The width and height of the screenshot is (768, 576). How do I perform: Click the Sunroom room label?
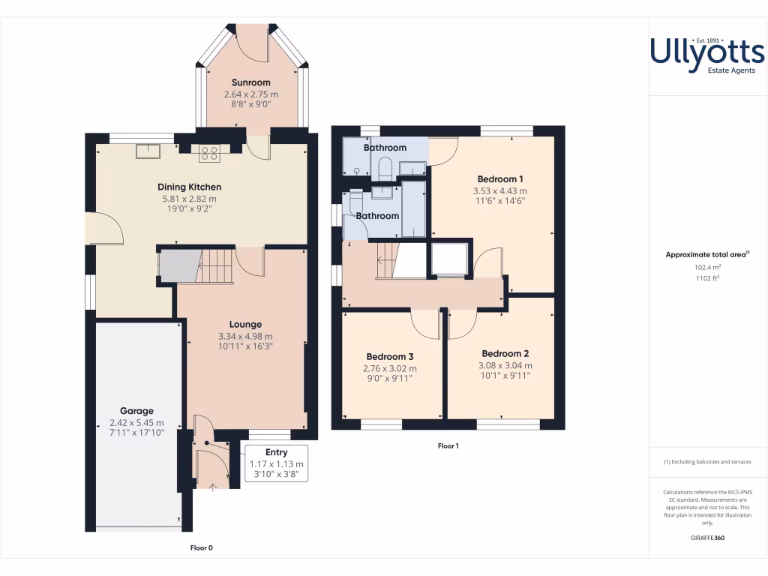250,82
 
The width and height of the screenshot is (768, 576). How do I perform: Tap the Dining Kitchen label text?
189,187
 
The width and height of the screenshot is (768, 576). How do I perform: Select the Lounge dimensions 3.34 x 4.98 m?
245,337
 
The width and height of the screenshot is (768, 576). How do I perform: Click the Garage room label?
136,411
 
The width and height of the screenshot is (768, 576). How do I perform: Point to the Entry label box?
276,463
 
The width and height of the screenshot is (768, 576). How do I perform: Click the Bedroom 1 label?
500,179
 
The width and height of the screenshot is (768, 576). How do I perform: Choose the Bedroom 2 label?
505,354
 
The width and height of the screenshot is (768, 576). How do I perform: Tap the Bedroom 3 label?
390,356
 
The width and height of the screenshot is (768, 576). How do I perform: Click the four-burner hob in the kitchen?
209,154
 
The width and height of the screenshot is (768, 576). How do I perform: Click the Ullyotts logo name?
706,51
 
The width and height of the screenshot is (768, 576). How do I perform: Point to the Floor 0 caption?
201,548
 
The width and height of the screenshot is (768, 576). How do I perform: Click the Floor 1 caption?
448,446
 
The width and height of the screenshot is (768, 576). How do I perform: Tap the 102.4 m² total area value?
707,266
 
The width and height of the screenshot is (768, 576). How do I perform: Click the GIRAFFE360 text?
707,538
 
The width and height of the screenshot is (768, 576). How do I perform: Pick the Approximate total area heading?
706,255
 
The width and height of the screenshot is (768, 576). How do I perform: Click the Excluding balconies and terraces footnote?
707,462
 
